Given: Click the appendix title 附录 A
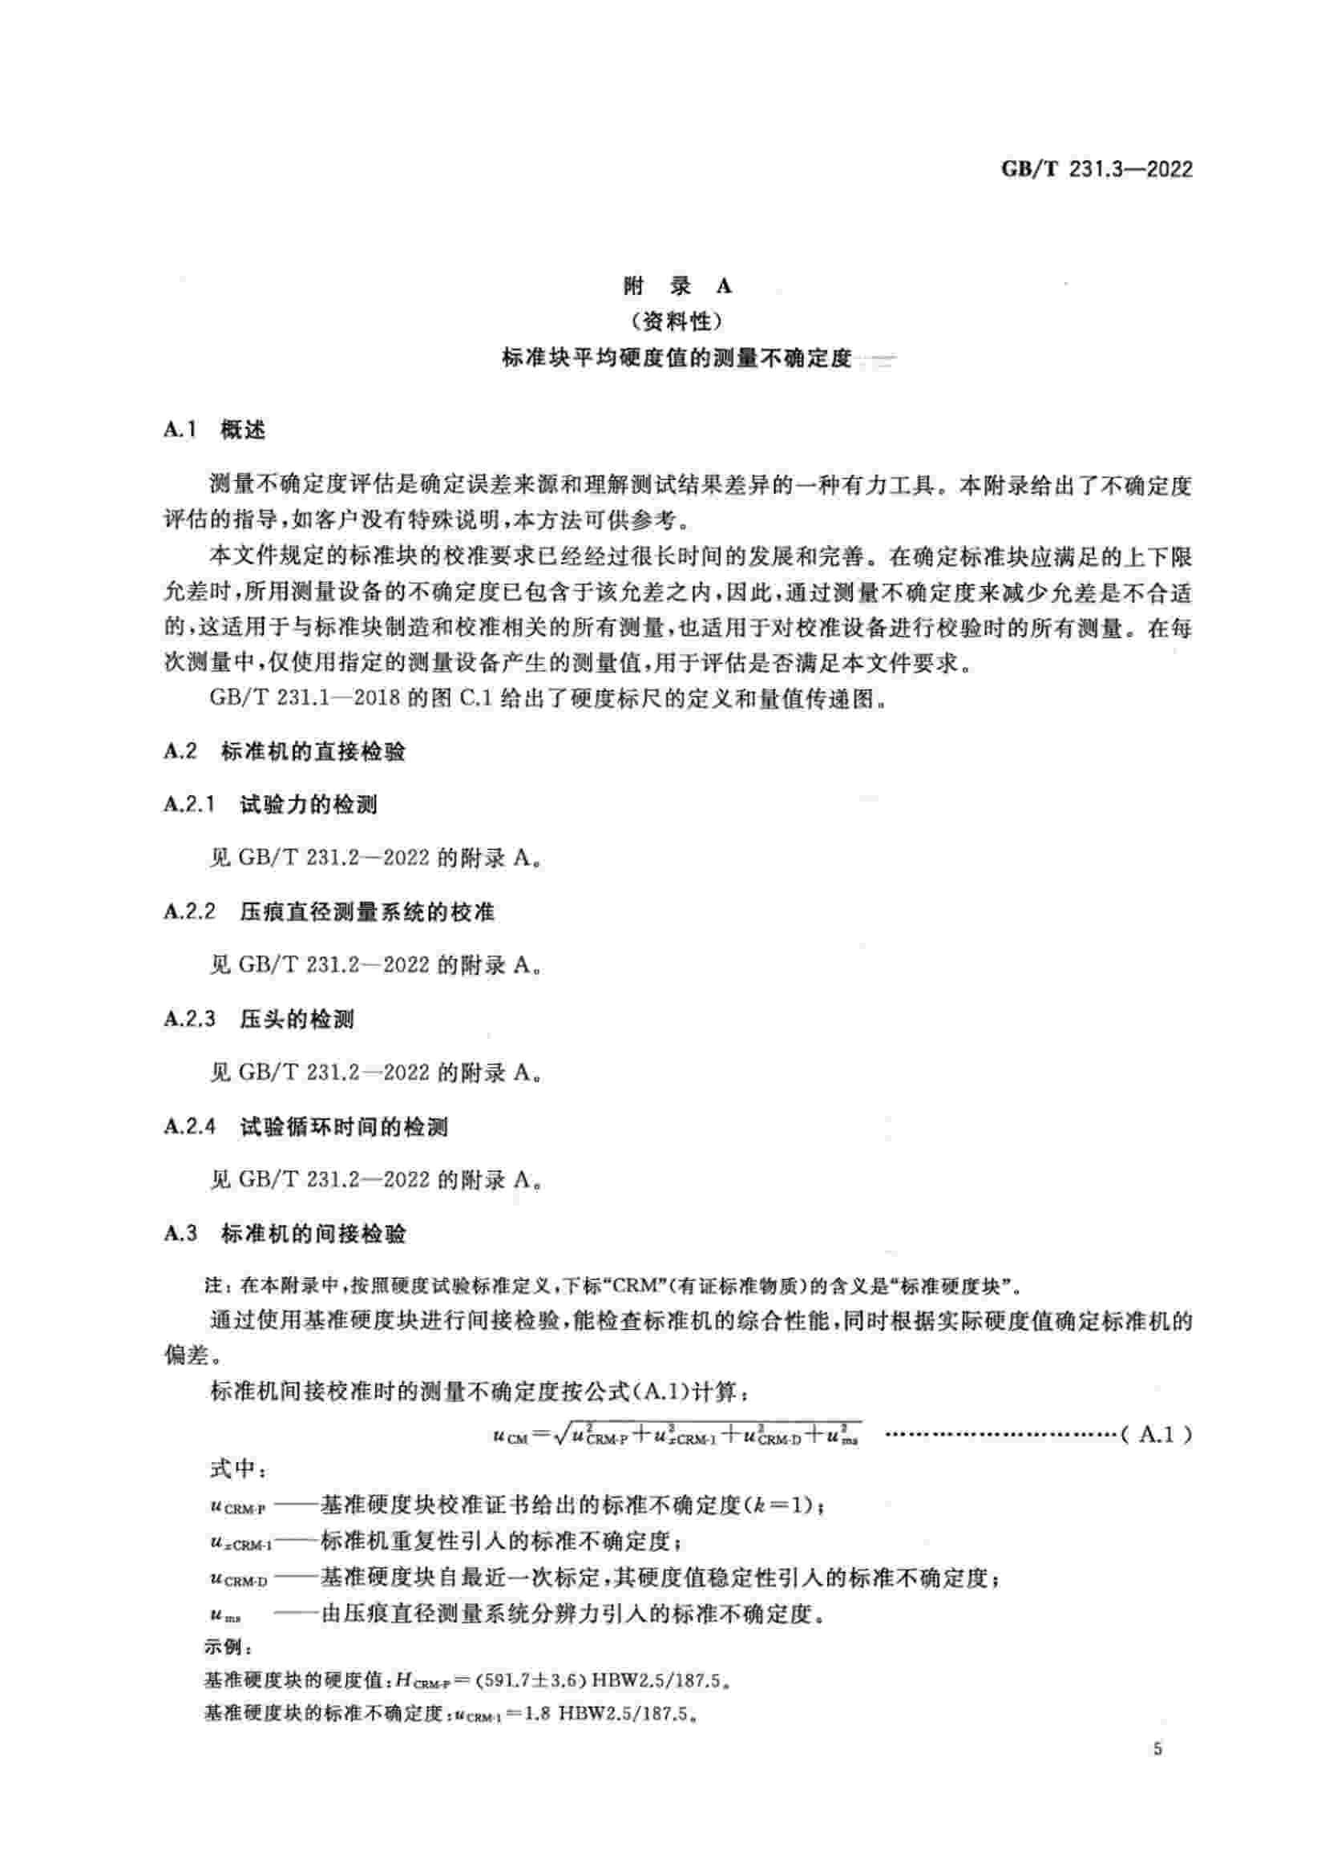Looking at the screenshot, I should point(677,286).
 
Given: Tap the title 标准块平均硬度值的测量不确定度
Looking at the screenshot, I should point(677,358).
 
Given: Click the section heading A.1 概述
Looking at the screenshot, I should point(214,430).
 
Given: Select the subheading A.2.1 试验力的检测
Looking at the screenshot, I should point(270,804).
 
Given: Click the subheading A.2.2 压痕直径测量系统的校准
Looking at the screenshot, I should point(329,911).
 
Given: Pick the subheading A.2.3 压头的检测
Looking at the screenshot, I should point(259,1019).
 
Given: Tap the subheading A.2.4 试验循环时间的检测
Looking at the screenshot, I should point(305,1127).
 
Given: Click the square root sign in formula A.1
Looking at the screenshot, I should point(560,1435).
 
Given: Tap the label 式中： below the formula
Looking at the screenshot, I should point(233,1469).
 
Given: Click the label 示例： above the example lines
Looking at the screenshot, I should point(222,1647).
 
